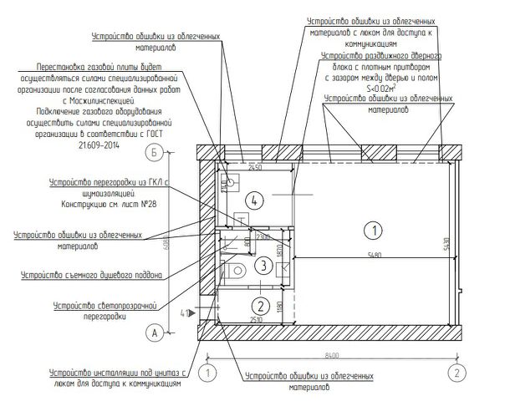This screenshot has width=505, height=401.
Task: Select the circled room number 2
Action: pyautogui.click(x=261, y=304)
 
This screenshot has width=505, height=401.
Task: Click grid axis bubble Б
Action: pyautogui.click(x=153, y=153)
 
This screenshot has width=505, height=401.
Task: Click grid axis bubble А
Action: pyautogui.click(x=153, y=332)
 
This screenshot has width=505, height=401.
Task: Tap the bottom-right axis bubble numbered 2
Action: pyautogui.click(x=457, y=370)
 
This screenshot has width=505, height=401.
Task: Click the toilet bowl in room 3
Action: pyautogui.click(x=237, y=268)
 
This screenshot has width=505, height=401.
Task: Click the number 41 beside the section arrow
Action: pyautogui.click(x=184, y=313)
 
